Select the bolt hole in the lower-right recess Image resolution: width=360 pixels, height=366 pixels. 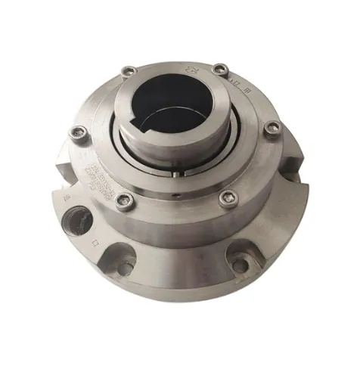point(240,265)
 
